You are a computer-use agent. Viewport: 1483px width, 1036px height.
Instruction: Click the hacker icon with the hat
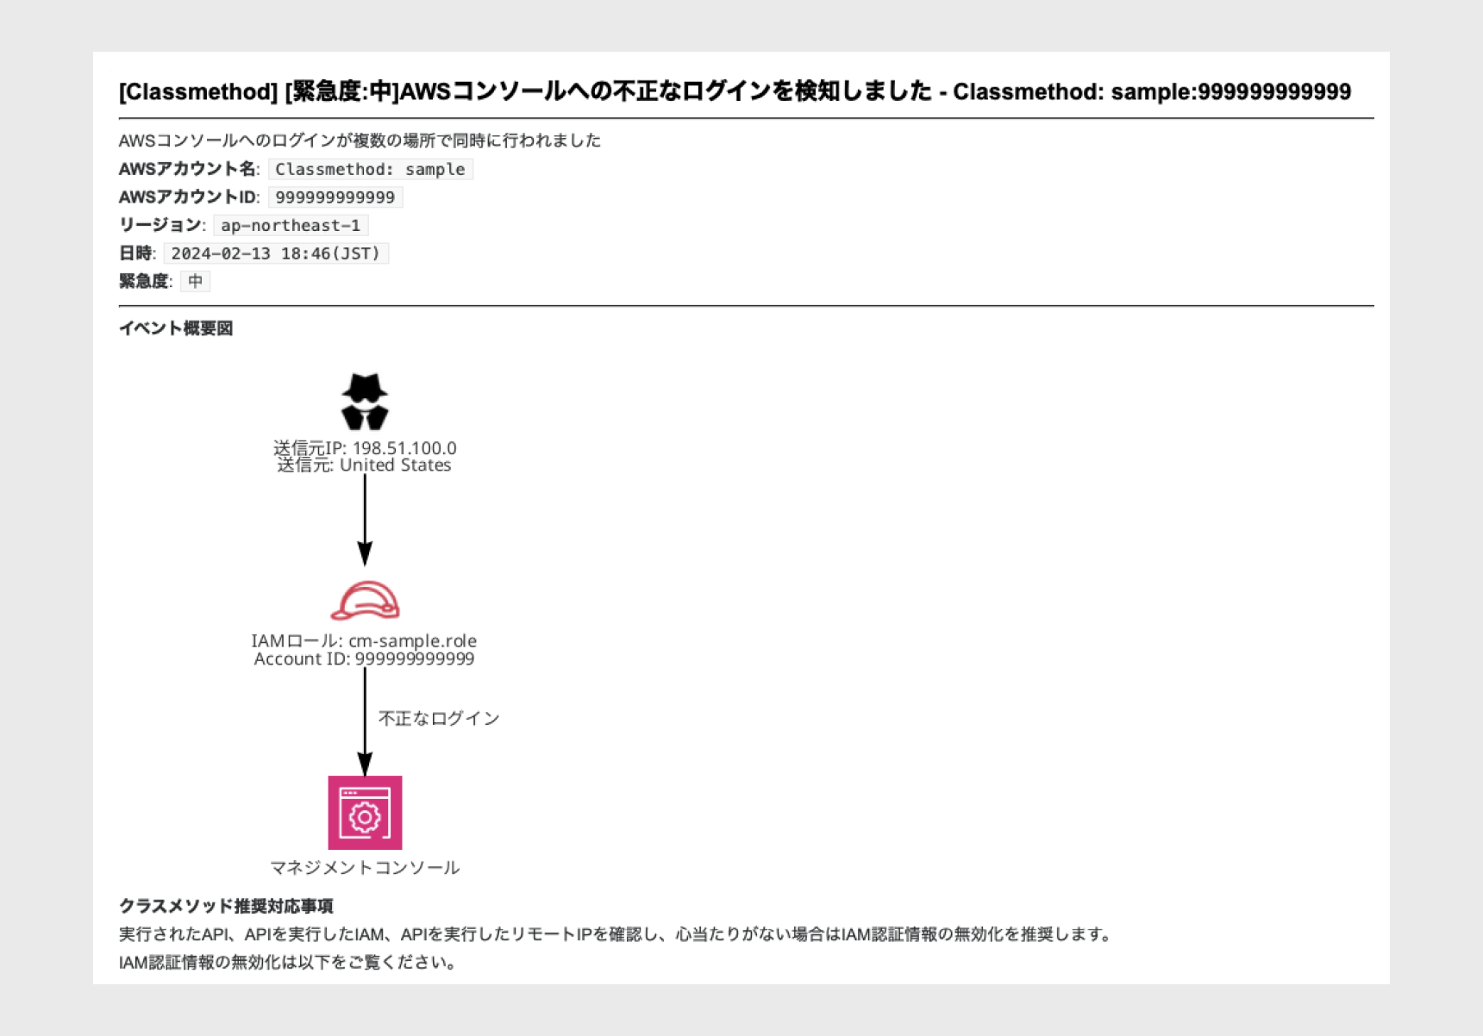pyautogui.click(x=365, y=402)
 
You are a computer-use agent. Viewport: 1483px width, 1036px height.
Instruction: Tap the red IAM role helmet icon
pyautogui.click(x=365, y=601)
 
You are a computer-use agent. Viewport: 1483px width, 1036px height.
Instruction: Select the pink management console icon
pyautogui.click(x=365, y=813)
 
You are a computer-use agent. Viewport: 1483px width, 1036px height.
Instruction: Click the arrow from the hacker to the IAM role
pyautogui.click(x=365, y=520)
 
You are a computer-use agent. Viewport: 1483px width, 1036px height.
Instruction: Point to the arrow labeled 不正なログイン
pyautogui.click(x=365, y=722)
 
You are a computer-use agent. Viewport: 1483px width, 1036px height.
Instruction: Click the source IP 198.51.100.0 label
pyautogui.click(x=365, y=448)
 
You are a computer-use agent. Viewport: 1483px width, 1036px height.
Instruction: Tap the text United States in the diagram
pyautogui.click(x=395, y=465)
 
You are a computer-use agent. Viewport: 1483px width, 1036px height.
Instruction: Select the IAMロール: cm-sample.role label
pyautogui.click(x=364, y=641)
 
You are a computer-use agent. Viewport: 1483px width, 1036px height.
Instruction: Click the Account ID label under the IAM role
pyautogui.click(x=364, y=659)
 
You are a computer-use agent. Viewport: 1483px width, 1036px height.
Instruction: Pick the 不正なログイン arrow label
pyautogui.click(x=439, y=719)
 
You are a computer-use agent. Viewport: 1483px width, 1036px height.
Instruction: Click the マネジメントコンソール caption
pyautogui.click(x=365, y=868)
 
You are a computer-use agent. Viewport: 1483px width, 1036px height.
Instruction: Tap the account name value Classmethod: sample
pyautogui.click(x=370, y=170)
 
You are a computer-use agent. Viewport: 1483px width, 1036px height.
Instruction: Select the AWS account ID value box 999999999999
pyautogui.click(x=335, y=197)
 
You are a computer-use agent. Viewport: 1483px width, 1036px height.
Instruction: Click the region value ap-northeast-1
pyautogui.click(x=291, y=226)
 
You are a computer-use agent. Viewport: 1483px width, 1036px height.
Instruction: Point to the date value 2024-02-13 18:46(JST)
pyautogui.click(x=276, y=253)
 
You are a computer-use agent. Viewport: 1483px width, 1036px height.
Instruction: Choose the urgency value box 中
pyautogui.click(x=196, y=281)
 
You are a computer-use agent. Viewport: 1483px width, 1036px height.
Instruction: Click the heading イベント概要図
pyautogui.click(x=176, y=328)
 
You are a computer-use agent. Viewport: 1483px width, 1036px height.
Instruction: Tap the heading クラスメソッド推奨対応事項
pyautogui.click(x=226, y=906)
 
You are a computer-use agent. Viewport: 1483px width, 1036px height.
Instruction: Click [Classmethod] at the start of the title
pyautogui.click(x=198, y=92)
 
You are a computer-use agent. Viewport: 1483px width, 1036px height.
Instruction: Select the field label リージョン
pyautogui.click(x=160, y=225)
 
